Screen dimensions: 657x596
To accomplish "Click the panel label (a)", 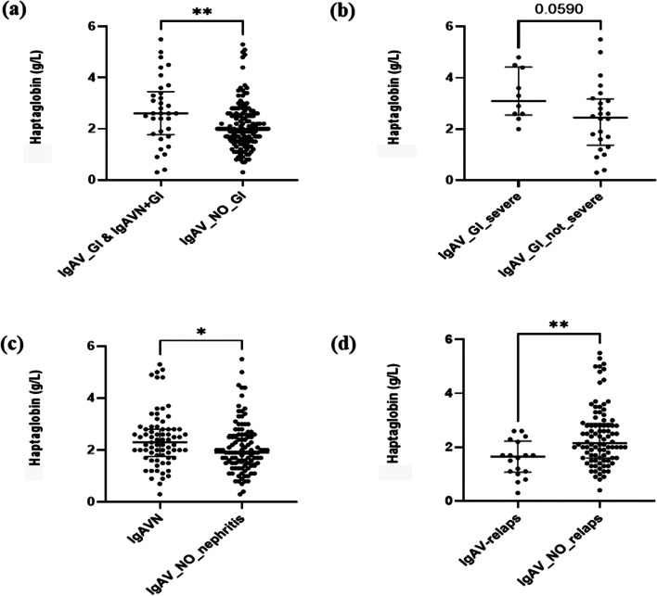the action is [14, 11].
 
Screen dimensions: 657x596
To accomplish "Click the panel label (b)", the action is [342, 12].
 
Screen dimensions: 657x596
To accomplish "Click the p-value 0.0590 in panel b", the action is [559, 9].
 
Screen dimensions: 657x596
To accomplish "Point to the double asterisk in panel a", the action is [202, 12].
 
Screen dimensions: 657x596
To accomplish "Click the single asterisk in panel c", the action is [201, 333].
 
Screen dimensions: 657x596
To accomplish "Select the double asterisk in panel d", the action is [559, 324].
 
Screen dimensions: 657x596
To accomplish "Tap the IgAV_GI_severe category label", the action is [480, 225].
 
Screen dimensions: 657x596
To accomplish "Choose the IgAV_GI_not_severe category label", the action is [550, 235].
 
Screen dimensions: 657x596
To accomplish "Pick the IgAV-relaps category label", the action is [490, 539].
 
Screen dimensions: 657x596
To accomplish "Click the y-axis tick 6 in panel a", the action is [91, 26].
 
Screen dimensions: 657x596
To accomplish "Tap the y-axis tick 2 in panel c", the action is [91, 450].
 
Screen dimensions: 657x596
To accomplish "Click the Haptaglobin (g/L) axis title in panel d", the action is [393, 413].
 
